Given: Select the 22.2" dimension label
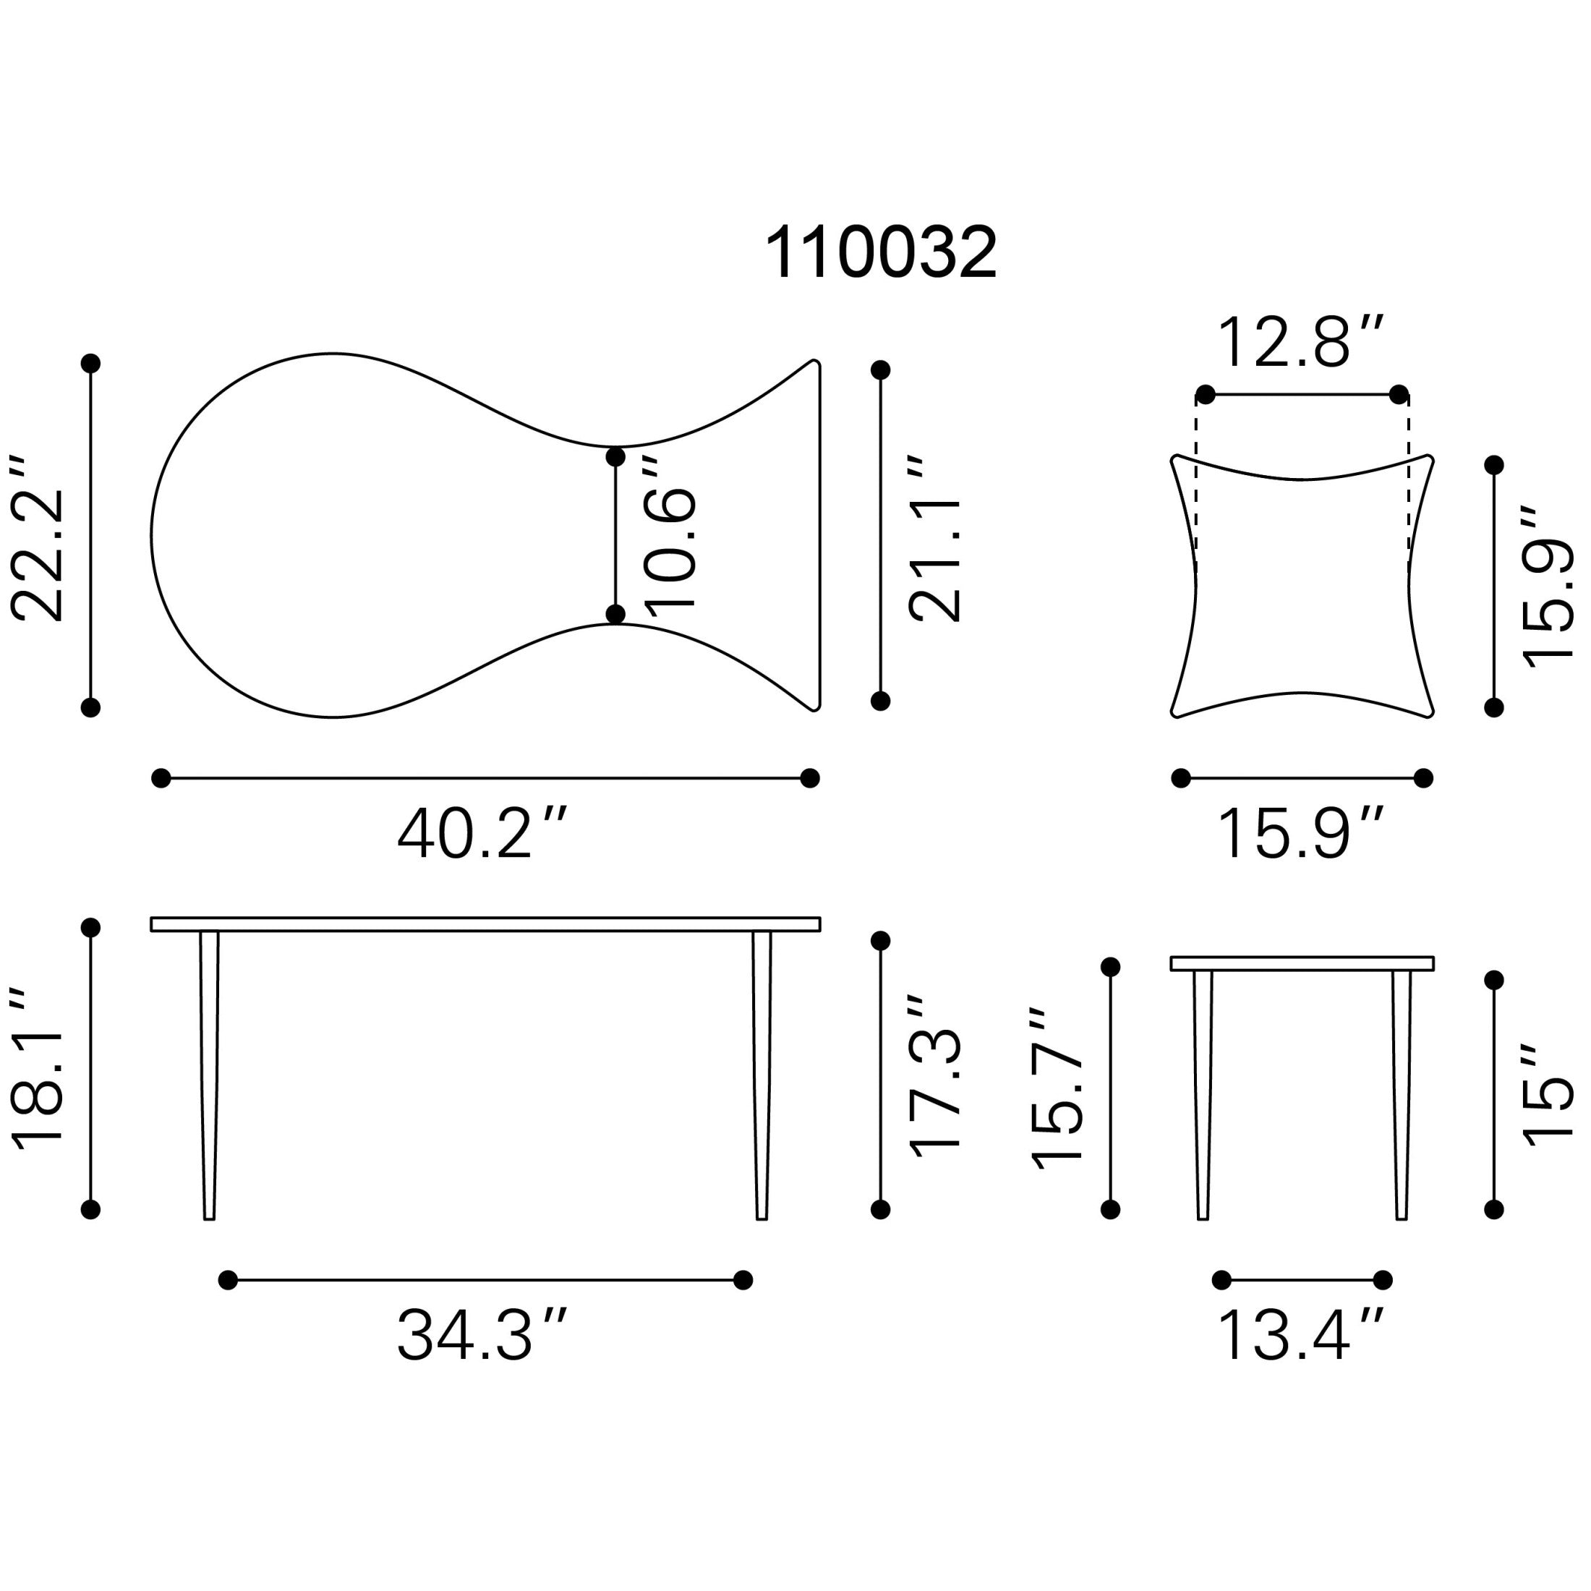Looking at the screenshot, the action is click(x=38, y=536).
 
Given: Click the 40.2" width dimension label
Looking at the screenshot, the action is click(x=482, y=832).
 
